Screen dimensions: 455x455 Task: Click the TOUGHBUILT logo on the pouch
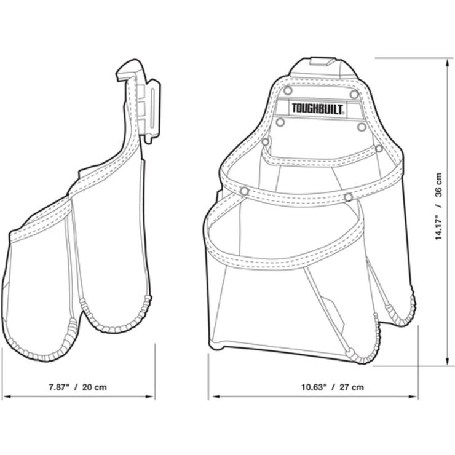coord(318,109)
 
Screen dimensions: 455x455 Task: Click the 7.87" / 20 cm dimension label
coord(77,387)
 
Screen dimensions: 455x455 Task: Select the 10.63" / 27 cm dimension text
coord(332,387)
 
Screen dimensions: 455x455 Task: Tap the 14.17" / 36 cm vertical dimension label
coord(438,207)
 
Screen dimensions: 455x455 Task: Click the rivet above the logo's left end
coord(288,90)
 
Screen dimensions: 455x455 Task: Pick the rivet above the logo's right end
coord(354,94)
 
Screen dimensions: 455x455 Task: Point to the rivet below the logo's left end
coord(280,122)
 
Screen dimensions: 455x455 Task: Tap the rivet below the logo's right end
coord(362,127)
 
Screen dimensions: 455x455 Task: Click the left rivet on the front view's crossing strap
coord(245,191)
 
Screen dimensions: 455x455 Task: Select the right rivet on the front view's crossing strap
coord(348,197)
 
